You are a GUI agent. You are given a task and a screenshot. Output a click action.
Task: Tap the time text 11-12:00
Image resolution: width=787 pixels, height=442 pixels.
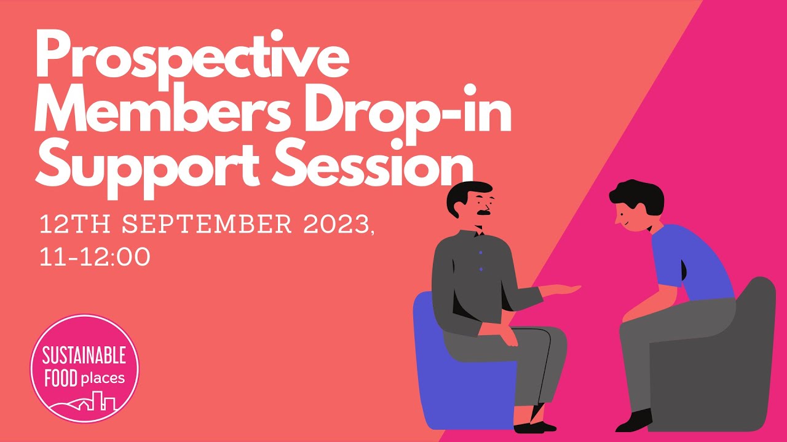(95, 257)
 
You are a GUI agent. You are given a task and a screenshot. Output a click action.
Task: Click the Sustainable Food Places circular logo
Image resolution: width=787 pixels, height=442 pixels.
(85, 368)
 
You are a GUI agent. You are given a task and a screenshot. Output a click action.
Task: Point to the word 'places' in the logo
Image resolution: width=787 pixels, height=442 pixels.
(102, 379)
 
